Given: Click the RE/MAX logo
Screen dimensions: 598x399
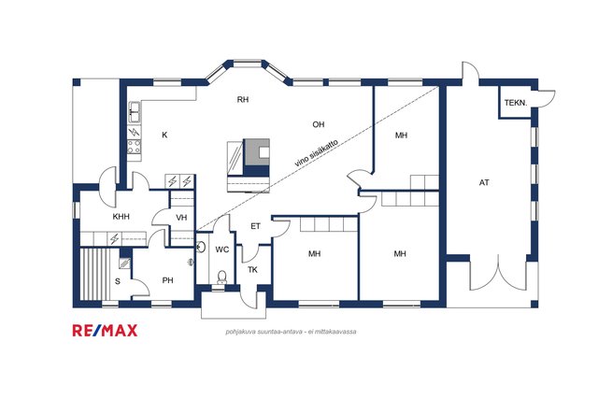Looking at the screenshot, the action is pyautogui.click(x=105, y=331).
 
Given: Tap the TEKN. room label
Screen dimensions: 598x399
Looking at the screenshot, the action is pyautogui.click(x=516, y=103).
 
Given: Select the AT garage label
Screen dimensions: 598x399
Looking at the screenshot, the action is pyautogui.click(x=484, y=183).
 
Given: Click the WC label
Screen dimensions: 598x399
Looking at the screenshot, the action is pyautogui.click(x=222, y=249).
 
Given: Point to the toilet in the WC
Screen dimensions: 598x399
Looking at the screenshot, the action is pyautogui.click(x=221, y=277).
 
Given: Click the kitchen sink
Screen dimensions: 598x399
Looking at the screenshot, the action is pyautogui.click(x=134, y=112).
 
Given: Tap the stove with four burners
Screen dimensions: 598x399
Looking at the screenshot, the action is pyautogui.click(x=134, y=147).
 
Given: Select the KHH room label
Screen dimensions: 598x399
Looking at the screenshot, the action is pyautogui.click(x=121, y=217).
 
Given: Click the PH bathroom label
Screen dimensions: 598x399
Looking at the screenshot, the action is pyautogui.click(x=168, y=280).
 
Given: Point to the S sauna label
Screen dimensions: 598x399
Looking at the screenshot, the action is pyautogui.click(x=118, y=281).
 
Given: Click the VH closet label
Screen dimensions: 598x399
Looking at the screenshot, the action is pyautogui.click(x=181, y=218).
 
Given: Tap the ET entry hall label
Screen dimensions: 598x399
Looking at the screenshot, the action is pyautogui.click(x=255, y=226).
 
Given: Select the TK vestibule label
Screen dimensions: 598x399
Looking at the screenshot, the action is pyautogui.click(x=252, y=270).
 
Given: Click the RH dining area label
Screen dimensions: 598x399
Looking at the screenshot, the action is pyautogui.click(x=243, y=100).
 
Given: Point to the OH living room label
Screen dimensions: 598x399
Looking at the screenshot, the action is pyautogui.click(x=319, y=124).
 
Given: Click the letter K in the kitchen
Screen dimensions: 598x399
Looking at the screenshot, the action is pyautogui.click(x=164, y=135).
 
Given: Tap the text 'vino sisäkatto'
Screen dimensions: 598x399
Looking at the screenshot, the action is pyautogui.click(x=316, y=152).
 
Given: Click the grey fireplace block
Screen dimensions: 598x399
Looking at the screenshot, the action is pyautogui.click(x=256, y=152).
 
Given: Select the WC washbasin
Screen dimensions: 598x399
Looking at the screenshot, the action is pyautogui.click(x=201, y=247).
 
